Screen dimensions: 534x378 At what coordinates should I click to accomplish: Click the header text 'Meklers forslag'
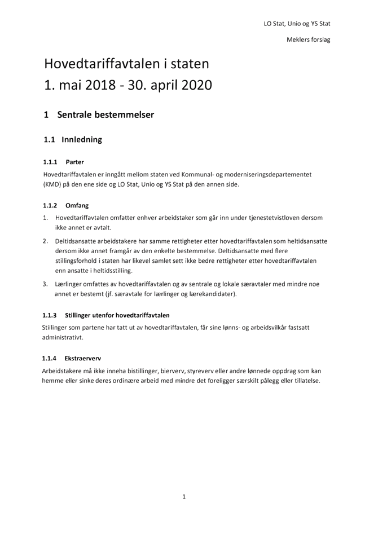coord(308,39)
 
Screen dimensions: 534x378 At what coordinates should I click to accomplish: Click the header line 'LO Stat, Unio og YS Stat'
coord(297,24)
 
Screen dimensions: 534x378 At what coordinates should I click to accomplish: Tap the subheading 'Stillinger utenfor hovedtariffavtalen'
coord(117,315)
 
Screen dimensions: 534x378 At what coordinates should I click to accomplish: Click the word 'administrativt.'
coord(62,337)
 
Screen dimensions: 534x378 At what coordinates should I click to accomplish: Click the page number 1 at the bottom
coord(184,497)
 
